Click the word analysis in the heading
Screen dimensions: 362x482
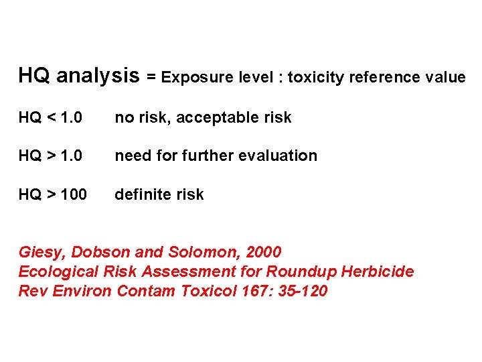coord(98,76)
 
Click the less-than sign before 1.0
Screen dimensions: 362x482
coord(52,118)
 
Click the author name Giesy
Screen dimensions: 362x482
coord(42,253)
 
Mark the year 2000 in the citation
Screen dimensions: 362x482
coord(263,253)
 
